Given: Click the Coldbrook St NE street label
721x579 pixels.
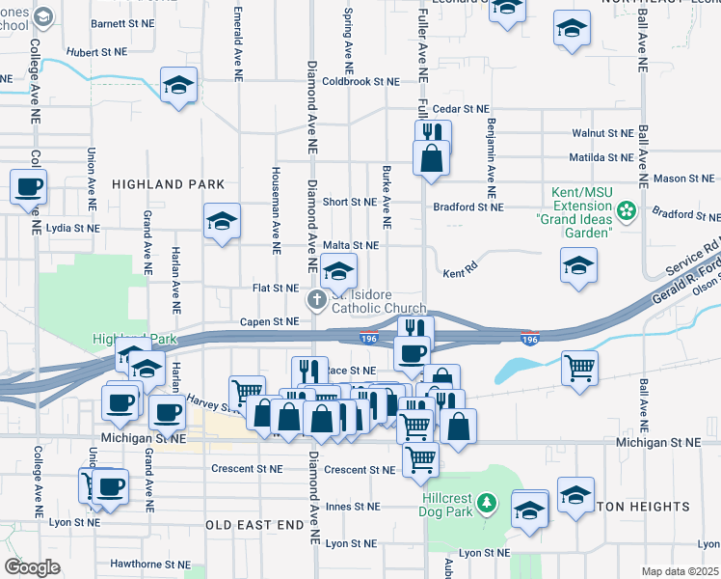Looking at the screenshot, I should pos(360,81).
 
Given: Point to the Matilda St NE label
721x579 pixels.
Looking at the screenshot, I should pos(601,156).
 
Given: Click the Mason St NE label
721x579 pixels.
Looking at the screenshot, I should pos(684,179).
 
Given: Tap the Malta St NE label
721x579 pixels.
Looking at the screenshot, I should pos(350,246).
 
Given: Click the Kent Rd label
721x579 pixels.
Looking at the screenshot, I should pos(461,274).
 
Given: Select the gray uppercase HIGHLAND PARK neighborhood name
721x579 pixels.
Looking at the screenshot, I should pos(168,184).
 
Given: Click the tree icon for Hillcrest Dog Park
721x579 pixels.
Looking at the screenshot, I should pos(488,502).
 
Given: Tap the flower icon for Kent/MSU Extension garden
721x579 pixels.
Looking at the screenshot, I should pos(628,209).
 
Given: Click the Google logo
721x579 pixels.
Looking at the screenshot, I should pos(32,567).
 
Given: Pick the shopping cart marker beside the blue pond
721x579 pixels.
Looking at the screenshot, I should pos(579,367).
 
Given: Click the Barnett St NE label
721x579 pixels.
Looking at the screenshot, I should pos(122,21).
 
